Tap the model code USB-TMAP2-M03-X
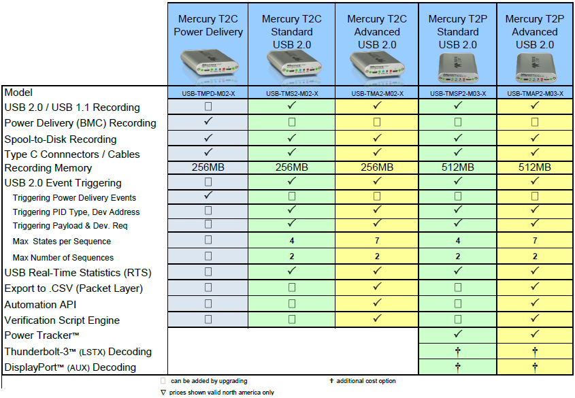(x=535, y=93)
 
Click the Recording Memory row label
(x=48, y=167)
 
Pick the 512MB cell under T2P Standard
(x=458, y=167)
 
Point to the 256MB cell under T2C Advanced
(x=376, y=167)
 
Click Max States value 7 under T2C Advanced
(x=376, y=241)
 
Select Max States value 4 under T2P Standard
(x=458, y=241)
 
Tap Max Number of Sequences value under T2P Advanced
(x=535, y=257)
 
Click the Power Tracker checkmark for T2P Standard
(x=458, y=335)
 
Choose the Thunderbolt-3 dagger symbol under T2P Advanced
(x=535, y=351)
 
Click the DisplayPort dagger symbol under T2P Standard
(x=458, y=367)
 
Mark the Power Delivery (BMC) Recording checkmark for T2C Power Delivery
(x=208, y=122)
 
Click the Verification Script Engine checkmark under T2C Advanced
(x=376, y=319)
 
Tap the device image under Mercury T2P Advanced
(x=535, y=67)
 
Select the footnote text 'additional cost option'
(x=366, y=381)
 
